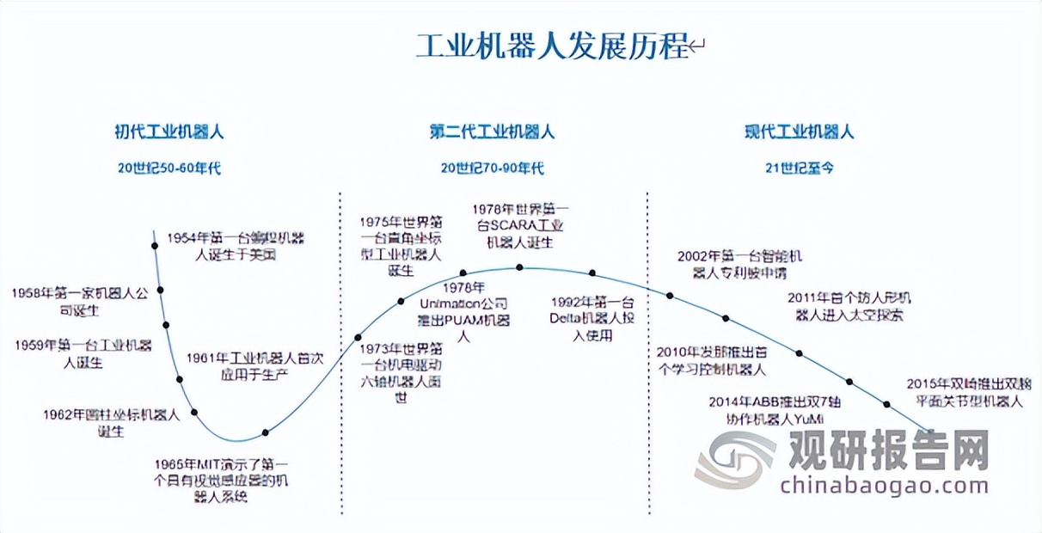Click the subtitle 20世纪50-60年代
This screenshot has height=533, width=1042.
click(169, 168)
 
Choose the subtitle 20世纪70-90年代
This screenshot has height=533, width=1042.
click(493, 168)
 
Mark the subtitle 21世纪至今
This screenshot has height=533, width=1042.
click(800, 168)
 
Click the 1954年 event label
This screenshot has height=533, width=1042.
click(236, 246)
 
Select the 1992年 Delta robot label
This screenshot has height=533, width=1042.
click(592, 318)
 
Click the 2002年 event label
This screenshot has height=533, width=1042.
click(739, 264)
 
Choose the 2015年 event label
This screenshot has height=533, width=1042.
click(969, 393)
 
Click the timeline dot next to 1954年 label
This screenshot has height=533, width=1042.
click(155, 246)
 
